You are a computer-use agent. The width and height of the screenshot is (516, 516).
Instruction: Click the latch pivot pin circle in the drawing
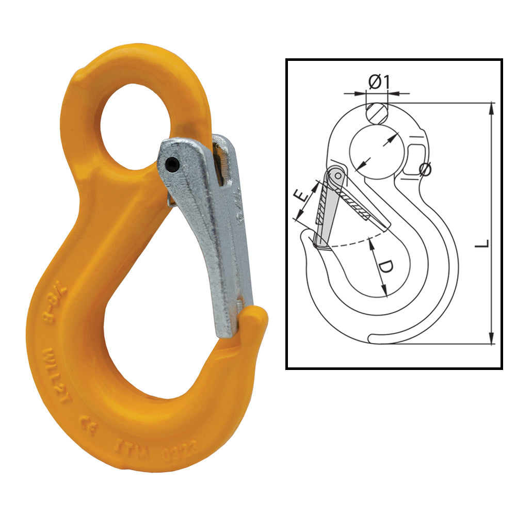[337, 176]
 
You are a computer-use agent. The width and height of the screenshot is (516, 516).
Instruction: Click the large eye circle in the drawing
[376, 152]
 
